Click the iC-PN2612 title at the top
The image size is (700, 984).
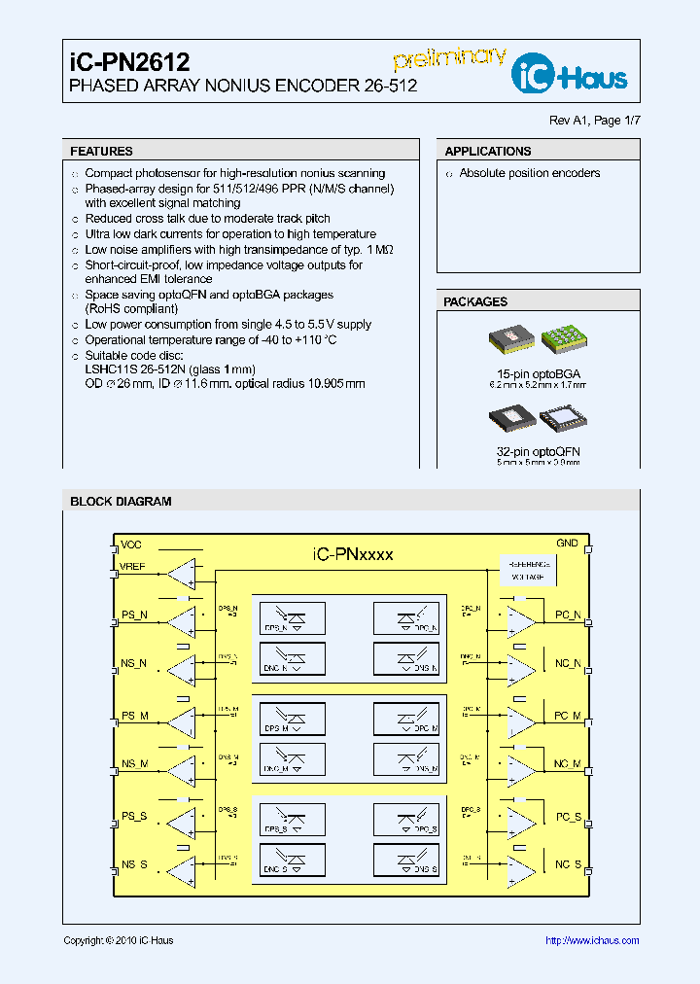(129, 62)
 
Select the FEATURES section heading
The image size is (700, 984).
(101, 152)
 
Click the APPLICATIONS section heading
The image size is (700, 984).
(488, 152)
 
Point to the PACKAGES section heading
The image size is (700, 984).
(475, 302)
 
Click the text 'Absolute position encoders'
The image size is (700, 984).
(530, 173)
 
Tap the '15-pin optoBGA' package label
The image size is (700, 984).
(538, 373)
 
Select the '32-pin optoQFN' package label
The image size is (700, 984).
(538, 452)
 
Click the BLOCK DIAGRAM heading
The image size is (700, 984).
(121, 502)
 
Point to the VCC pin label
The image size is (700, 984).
(131, 545)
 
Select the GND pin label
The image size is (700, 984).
(567, 544)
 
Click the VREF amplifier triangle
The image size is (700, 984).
(181, 574)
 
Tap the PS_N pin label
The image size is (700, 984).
(134, 615)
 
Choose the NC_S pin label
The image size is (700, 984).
(568, 864)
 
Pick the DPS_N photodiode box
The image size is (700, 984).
(290, 617)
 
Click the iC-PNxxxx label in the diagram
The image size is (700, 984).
(352, 554)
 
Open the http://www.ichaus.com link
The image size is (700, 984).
(591, 940)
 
